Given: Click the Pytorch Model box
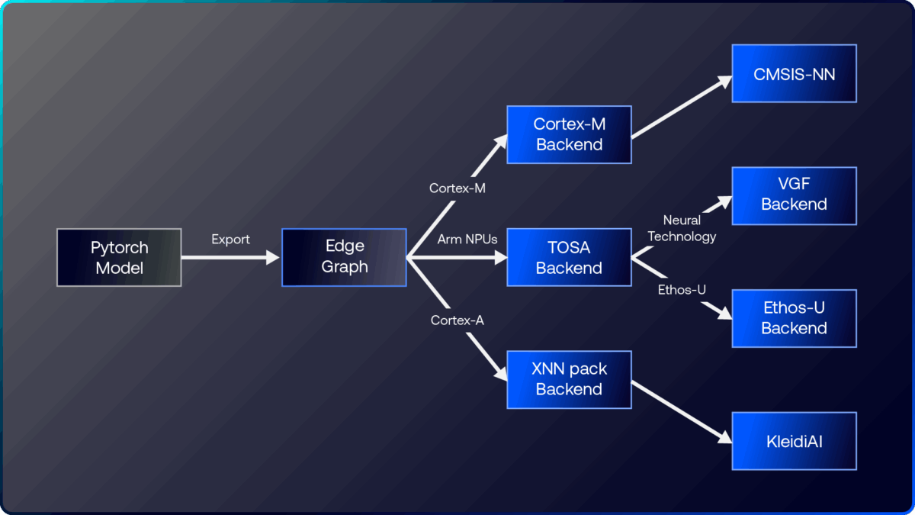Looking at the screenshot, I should (120, 258).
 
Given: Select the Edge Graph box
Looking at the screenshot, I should (345, 258).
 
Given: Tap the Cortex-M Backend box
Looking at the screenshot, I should (569, 134).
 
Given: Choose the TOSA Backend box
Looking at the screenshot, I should (569, 258).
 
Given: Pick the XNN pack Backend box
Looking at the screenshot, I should (569, 379).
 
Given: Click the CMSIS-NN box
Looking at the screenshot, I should (794, 73).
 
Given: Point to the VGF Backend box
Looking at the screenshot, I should (794, 196).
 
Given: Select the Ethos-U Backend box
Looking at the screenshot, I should (794, 318).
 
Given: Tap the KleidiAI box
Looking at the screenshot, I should (794, 441).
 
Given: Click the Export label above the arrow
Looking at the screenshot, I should (230, 240).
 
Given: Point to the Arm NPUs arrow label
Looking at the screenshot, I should (467, 240).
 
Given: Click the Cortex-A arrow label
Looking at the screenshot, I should (457, 320).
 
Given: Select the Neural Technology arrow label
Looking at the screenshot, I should (682, 228).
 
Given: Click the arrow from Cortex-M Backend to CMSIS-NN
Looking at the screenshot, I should (679, 107).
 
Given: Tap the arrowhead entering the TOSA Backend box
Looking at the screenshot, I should (500, 258).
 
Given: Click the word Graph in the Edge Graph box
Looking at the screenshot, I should (345, 268).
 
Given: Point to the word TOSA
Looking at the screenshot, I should (569, 248).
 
